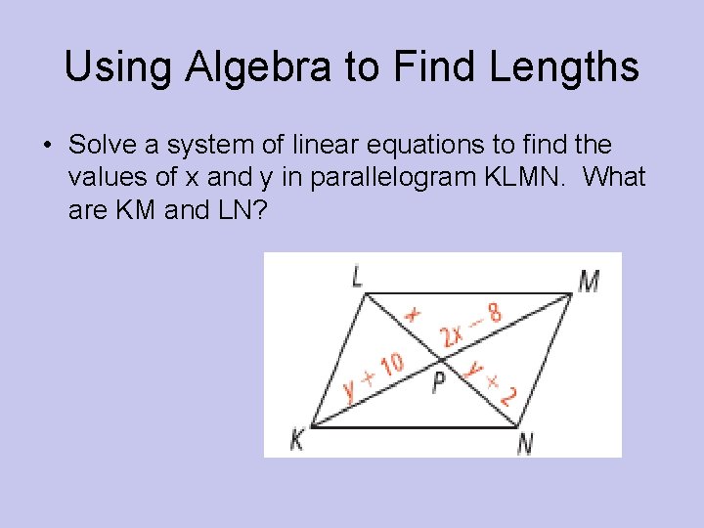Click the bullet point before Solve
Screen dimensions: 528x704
(x=46, y=147)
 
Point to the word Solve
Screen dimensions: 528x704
(x=98, y=146)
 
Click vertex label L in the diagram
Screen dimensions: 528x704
(x=357, y=277)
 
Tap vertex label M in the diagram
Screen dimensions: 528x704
(x=589, y=281)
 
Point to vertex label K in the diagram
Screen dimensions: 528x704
(x=296, y=440)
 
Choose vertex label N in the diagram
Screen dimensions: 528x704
(x=525, y=443)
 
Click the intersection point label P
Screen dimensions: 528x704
(x=439, y=384)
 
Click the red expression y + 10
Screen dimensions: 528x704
(x=374, y=376)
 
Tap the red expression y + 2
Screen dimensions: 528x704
(x=492, y=382)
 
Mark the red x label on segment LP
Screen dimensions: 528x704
(x=413, y=313)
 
